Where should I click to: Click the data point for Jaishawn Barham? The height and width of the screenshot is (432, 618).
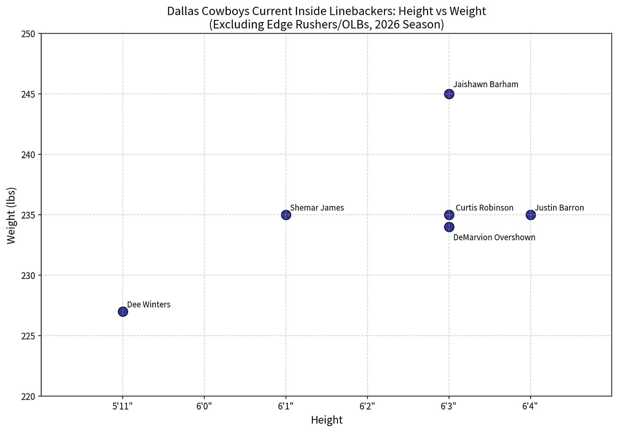[x=449, y=94]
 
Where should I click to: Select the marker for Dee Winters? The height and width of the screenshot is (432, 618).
[x=123, y=312]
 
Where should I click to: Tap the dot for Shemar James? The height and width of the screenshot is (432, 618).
[x=286, y=215]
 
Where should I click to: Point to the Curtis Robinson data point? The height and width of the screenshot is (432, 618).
[x=449, y=215]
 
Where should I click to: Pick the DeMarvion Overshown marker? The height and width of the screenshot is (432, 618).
[x=449, y=227]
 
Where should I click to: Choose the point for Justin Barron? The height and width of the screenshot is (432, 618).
[x=531, y=215]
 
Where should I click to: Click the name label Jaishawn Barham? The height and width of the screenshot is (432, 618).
[x=486, y=84]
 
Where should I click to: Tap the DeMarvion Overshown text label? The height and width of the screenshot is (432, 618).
[x=494, y=237]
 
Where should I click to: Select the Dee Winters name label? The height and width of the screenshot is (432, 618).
[x=149, y=304]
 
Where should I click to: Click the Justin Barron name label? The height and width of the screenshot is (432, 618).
[x=559, y=208]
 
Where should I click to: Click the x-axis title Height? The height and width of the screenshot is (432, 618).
[x=327, y=420]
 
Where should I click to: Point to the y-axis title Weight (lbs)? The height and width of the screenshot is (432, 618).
[x=11, y=216]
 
